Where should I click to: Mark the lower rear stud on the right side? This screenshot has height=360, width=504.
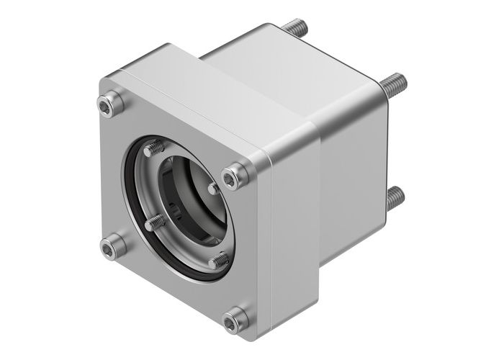(394, 196)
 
